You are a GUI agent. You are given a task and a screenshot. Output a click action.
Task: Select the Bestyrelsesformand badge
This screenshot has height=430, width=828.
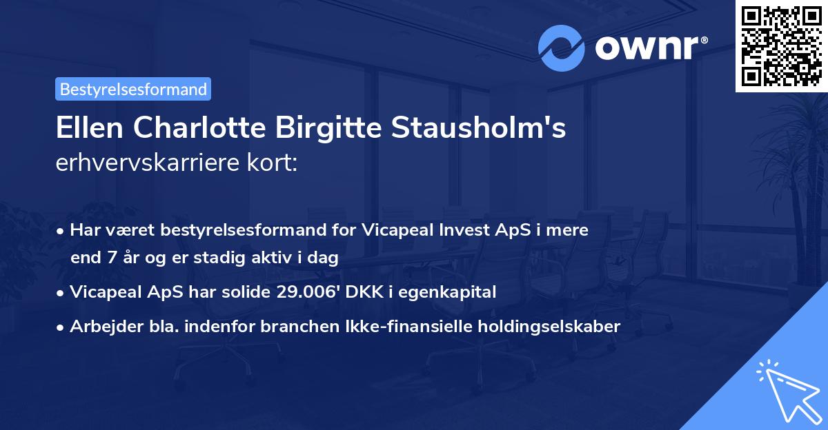(133, 89)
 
